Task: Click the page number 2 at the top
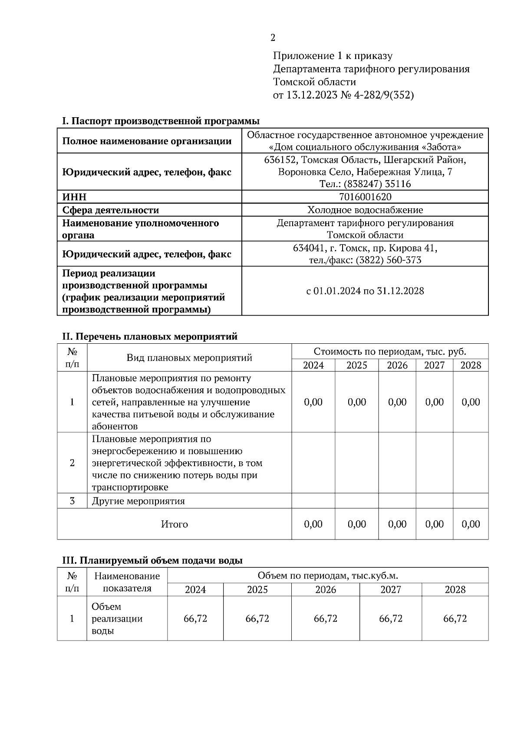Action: click(273, 38)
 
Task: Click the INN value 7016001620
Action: click(365, 197)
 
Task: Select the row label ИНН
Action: click(74, 197)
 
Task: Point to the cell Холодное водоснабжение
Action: click(365, 210)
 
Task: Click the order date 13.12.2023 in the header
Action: click(311, 95)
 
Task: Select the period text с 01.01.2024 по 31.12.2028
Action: click(365, 291)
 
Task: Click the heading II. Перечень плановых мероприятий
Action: click(150, 336)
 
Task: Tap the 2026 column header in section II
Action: click(397, 365)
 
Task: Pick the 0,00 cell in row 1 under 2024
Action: click(313, 402)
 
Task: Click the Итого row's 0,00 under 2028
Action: click(471, 524)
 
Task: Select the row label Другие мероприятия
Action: click(138, 501)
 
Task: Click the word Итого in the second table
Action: click(174, 524)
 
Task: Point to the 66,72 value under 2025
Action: click(257, 619)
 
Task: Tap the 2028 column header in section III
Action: click(455, 590)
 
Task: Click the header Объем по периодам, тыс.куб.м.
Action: click(328, 576)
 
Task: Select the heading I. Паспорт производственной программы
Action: click(161, 121)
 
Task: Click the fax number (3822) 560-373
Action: click(388, 260)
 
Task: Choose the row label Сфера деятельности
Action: click(110, 210)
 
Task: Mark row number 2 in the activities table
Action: click(72, 463)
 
